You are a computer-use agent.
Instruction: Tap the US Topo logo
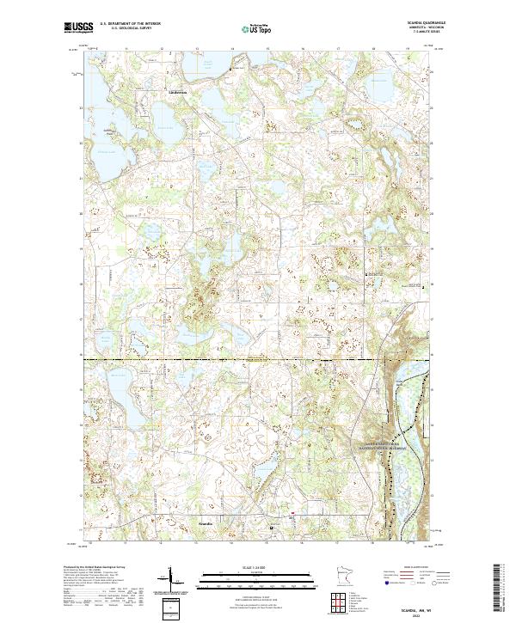[x=257, y=28]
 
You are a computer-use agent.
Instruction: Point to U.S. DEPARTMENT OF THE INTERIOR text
[x=129, y=23]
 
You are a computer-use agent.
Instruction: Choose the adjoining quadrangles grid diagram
[x=341, y=599]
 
